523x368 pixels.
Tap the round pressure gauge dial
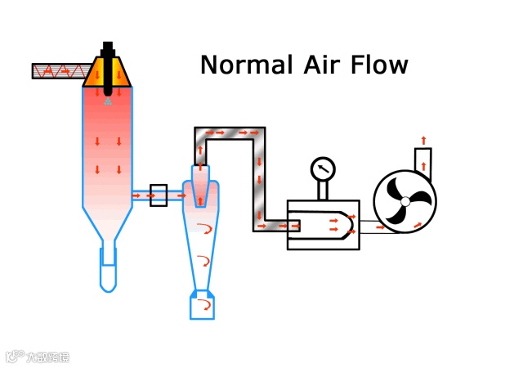point(323,169)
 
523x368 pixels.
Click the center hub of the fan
point(405,202)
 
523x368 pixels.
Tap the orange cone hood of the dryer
point(108,73)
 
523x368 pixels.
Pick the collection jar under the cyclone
point(201,305)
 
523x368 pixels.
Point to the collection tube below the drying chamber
point(108,267)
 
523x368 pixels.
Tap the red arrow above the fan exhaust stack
point(422,139)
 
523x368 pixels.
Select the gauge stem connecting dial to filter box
point(323,191)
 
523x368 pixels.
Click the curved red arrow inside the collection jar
point(205,305)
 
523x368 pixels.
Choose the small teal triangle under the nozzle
point(108,101)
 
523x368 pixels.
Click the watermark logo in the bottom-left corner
point(37,357)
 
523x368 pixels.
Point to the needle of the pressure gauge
point(324,168)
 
